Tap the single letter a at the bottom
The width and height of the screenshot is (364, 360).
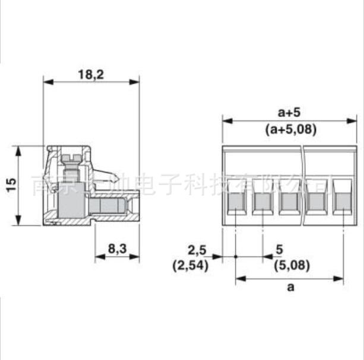point(290,288)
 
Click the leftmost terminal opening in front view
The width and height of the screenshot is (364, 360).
point(236,202)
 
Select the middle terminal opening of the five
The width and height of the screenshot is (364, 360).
point(289,202)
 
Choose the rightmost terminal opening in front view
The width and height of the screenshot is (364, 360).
point(342,202)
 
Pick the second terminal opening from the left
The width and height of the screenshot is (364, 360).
point(262,202)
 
